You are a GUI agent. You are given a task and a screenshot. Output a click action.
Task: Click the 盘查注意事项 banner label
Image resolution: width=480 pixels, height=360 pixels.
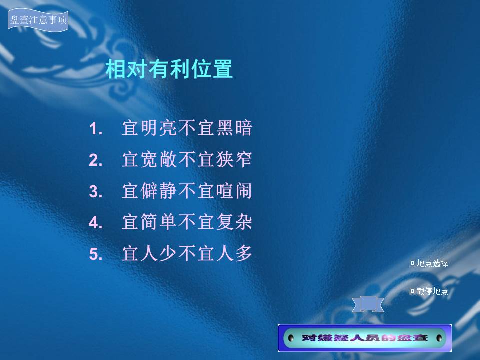coord(38,20)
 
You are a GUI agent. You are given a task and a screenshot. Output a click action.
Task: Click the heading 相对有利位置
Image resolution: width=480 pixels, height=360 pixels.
coord(169,69)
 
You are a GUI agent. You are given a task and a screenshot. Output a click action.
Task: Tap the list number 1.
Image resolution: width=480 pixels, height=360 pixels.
coord(95,129)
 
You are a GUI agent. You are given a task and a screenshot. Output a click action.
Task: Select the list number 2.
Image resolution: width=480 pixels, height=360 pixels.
coord(95,160)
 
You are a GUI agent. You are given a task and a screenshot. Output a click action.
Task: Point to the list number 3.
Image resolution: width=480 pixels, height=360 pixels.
coord(95,192)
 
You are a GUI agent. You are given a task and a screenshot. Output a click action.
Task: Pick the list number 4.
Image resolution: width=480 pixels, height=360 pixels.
coord(95,223)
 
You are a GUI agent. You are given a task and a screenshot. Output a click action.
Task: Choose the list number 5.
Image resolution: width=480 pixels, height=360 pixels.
coord(95,254)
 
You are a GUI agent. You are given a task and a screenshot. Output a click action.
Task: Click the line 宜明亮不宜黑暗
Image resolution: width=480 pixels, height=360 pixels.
coord(187,128)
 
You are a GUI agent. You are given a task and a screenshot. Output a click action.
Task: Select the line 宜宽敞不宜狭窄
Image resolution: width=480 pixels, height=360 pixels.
coord(187,159)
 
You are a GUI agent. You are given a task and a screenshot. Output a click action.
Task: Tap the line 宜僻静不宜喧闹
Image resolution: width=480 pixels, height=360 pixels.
coord(187,191)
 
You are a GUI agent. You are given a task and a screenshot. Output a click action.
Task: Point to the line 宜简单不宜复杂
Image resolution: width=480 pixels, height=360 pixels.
coord(187,222)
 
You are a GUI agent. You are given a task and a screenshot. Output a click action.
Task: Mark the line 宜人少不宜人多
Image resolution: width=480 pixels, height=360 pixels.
coord(187,253)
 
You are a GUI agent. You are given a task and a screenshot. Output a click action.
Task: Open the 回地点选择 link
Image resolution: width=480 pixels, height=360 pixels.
coord(429,263)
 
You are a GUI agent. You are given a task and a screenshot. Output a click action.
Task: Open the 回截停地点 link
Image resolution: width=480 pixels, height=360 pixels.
coord(429,291)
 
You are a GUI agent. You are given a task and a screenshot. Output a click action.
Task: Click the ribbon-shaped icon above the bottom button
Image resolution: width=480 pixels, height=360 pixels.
coord(368,304)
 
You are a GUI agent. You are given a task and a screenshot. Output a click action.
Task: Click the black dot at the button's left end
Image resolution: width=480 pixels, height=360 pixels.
coord(291,338)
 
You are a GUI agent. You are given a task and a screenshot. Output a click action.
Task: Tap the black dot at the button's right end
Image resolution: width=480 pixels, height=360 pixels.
coord(439,338)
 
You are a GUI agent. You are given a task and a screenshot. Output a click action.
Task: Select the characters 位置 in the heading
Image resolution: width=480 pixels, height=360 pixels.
coord(212,69)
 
